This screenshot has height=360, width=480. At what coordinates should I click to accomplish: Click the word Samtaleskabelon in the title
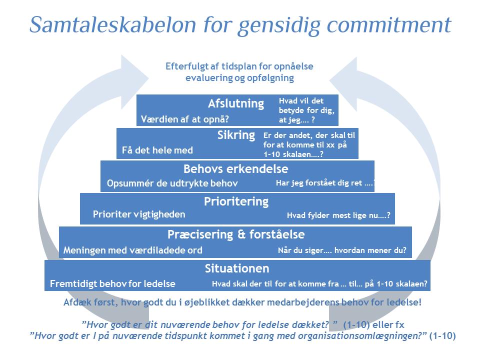(x=112, y=24)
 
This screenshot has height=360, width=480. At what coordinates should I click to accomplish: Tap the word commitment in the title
(x=389, y=24)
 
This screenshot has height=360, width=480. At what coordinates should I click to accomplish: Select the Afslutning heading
(x=236, y=103)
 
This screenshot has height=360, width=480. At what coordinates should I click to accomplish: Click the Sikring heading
(x=236, y=135)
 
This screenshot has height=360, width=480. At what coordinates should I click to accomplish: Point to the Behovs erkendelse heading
(x=235, y=168)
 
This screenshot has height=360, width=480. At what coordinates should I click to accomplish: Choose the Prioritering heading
(x=236, y=201)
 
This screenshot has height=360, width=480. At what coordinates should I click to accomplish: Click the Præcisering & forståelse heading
(x=236, y=234)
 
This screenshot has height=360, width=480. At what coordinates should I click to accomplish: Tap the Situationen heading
(x=237, y=268)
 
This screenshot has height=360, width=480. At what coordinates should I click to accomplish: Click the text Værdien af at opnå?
(x=185, y=119)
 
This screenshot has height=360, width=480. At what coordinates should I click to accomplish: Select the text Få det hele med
(x=157, y=150)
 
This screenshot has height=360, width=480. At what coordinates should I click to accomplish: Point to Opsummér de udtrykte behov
(x=172, y=183)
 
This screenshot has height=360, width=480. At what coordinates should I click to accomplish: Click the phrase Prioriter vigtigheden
(x=139, y=214)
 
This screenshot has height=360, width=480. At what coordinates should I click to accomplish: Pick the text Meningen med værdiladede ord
(x=133, y=250)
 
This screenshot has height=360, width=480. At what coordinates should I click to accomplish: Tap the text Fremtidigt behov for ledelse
(x=112, y=284)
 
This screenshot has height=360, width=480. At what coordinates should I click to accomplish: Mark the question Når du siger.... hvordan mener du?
(x=342, y=250)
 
